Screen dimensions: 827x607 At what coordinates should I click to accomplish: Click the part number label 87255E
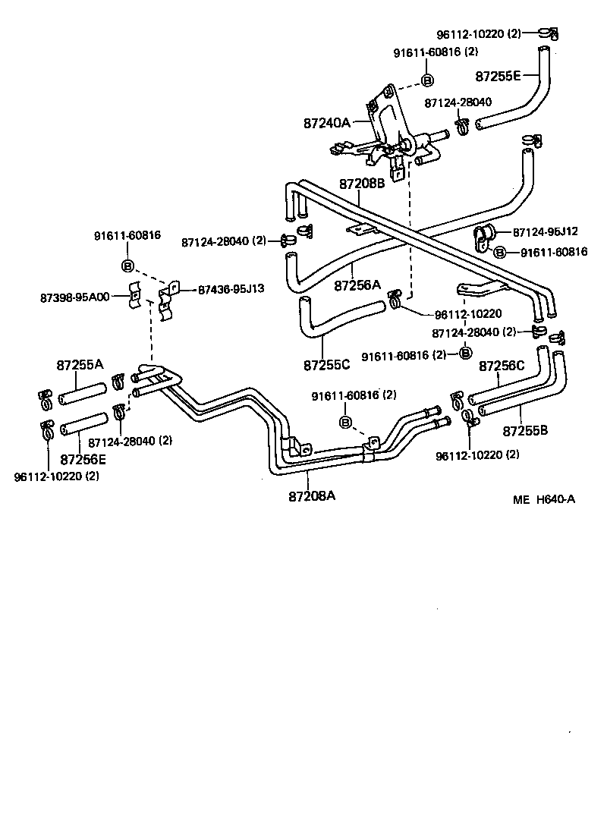[498, 76]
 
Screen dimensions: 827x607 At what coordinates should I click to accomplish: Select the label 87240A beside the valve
[328, 122]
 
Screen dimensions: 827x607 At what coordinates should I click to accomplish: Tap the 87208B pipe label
[362, 184]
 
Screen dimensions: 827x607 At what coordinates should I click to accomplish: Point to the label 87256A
[357, 285]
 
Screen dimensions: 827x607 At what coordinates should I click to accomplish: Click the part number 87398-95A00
[74, 297]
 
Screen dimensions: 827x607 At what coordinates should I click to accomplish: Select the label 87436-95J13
[231, 289]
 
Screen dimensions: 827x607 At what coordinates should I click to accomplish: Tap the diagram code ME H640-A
[543, 499]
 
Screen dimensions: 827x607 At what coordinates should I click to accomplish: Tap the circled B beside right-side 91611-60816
[498, 252]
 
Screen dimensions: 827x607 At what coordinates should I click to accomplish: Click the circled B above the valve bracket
[426, 80]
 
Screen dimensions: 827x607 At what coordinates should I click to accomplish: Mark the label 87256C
[502, 366]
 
